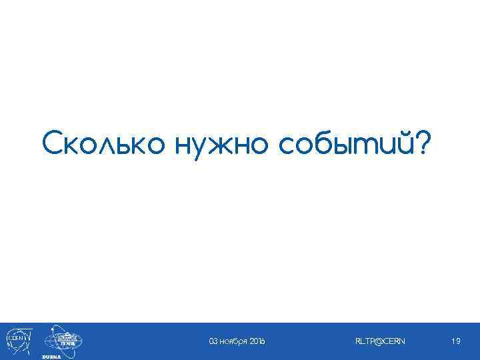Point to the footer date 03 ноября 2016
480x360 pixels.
click(237, 341)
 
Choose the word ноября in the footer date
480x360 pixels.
click(233, 341)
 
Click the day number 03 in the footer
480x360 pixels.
click(213, 341)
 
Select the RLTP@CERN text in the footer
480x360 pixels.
click(380, 341)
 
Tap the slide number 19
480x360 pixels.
click(456, 341)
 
